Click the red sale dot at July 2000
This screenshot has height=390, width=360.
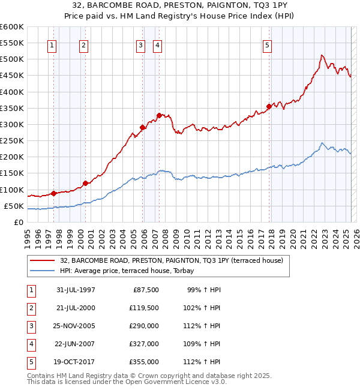pos(85,183)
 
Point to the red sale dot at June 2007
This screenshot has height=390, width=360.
pos(159,115)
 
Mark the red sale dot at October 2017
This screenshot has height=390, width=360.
pos(269,106)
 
